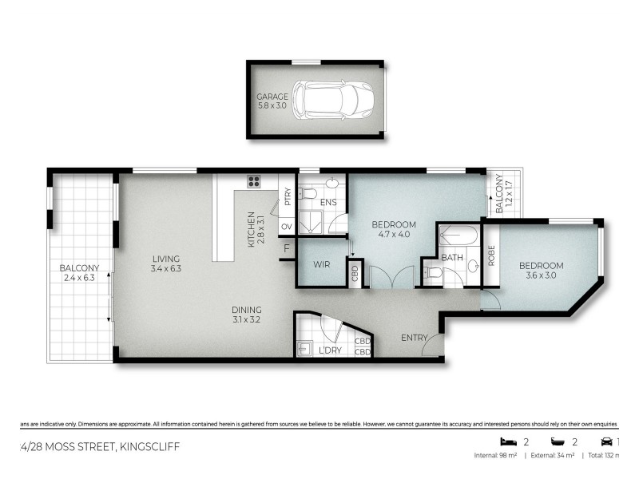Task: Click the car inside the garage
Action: (x=328, y=100)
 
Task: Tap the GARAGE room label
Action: (x=272, y=97)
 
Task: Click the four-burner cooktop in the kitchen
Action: (x=255, y=181)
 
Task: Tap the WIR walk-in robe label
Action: (x=323, y=263)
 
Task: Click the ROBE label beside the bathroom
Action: (x=491, y=255)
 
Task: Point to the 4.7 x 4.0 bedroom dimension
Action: (x=394, y=235)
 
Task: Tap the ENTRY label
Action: (x=415, y=337)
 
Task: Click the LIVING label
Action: (x=166, y=259)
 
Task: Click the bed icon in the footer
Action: (x=506, y=441)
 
